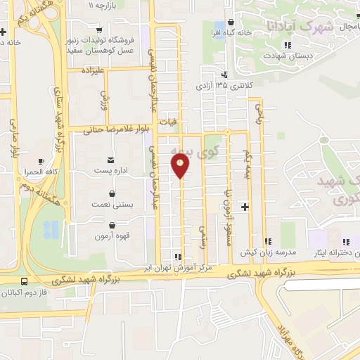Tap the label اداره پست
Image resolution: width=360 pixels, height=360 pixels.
tap(112, 171)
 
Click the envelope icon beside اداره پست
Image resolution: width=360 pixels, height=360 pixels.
tap(111, 160)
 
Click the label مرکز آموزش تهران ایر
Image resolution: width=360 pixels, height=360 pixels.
tap(191, 267)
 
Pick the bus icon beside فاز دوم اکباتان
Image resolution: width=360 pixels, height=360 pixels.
tap(25, 281)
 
